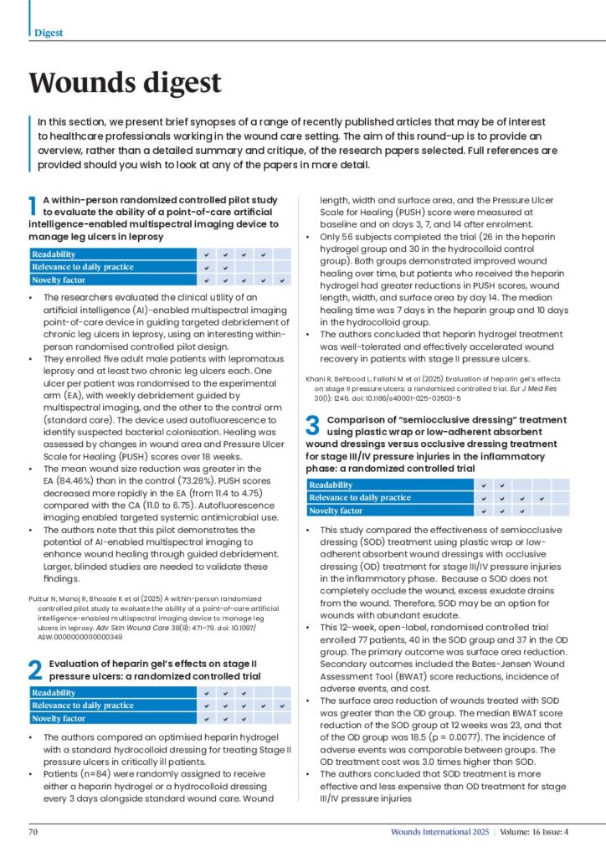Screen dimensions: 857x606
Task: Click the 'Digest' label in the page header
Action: click(49, 33)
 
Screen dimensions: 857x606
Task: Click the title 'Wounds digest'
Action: click(126, 83)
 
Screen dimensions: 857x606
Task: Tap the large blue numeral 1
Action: click(33, 208)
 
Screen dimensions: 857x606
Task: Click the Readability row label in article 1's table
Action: click(55, 254)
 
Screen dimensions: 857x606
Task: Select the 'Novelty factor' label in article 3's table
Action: click(336, 511)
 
